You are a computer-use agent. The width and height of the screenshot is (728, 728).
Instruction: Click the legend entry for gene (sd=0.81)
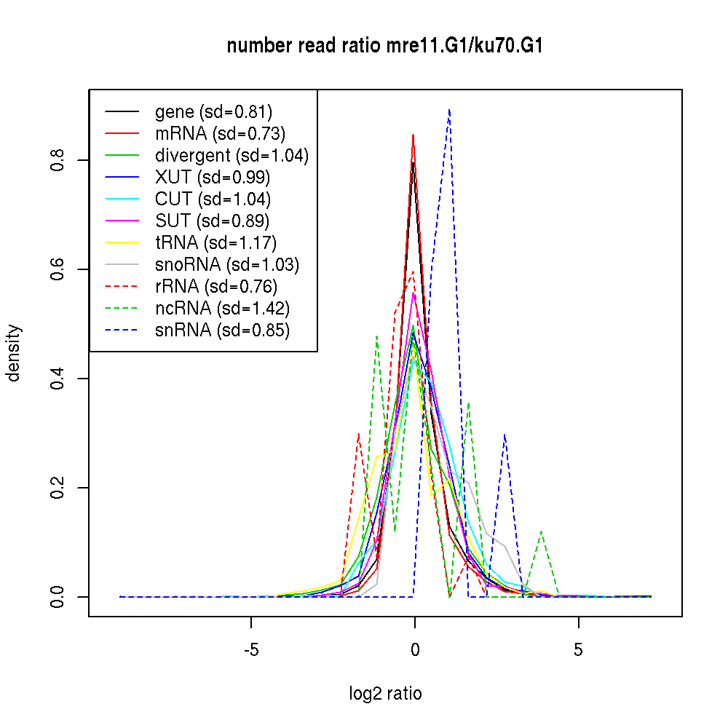(x=213, y=112)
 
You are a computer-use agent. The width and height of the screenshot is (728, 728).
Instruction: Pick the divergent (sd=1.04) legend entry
(x=232, y=156)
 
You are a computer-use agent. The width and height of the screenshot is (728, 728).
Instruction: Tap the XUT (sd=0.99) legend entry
(x=213, y=178)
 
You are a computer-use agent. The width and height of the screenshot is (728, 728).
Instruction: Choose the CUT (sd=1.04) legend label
(x=213, y=199)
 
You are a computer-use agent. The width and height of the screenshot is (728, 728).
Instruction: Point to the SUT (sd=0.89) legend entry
(x=213, y=221)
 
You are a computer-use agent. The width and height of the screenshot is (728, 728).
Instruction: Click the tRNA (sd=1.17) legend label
(x=215, y=243)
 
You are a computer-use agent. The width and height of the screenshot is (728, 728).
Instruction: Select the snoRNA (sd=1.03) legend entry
(x=227, y=265)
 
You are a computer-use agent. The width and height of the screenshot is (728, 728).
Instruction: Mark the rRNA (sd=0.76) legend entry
(x=216, y=287)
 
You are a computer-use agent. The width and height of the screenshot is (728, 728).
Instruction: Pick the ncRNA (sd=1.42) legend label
(x=222, y=309)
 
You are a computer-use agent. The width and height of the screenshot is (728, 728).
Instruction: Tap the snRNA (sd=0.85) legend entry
(x=222, y=331)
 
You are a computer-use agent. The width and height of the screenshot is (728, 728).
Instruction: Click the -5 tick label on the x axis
(x=251, y=649)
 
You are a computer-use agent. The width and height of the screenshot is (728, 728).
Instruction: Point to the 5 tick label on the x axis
(x=578, y=649)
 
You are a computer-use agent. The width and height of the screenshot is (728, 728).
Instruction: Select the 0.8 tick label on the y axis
(x=59, y=160)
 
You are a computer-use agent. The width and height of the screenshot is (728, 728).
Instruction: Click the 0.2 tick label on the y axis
(x=59, y=488)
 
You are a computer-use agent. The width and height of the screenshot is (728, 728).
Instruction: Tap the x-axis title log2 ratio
(x=385, y=694)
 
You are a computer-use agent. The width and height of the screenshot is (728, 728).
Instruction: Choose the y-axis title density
(x=14, y=352)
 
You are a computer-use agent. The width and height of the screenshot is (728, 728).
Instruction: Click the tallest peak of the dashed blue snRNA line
(x=450, y=110)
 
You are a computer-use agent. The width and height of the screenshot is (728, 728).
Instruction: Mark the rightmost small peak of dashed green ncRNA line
(x=541, y=531)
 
